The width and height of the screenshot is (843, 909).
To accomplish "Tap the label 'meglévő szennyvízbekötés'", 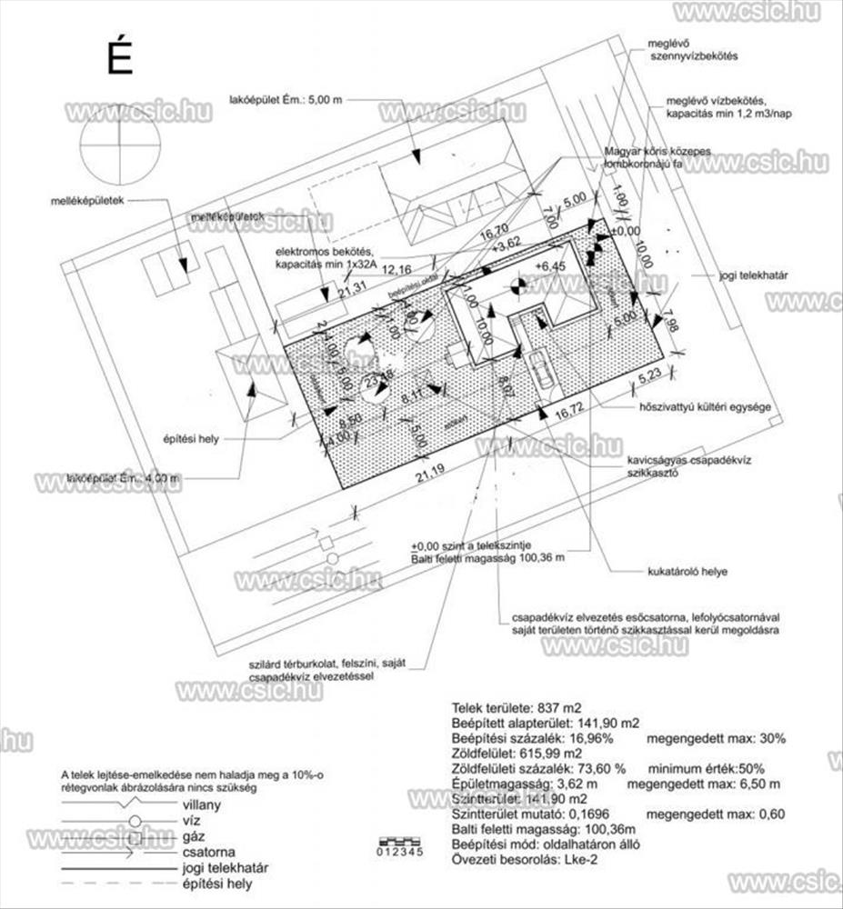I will click(691, 49).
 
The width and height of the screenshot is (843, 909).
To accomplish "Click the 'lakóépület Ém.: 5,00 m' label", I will click(286, 100).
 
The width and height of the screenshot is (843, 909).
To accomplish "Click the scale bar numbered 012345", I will click(398, 847).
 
